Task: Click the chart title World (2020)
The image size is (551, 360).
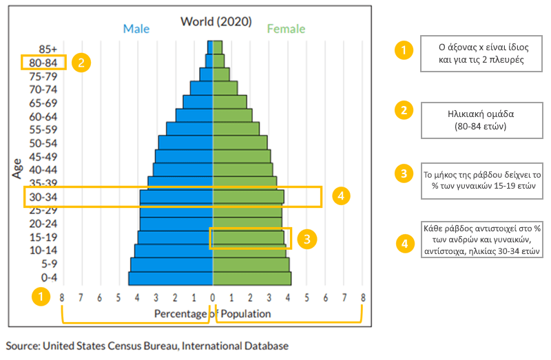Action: point(216,21)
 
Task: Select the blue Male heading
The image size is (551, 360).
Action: point(136,29)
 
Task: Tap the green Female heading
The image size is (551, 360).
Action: point(286,29)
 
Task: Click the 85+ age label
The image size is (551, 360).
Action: point(48,49)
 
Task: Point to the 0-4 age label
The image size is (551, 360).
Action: point(48,278)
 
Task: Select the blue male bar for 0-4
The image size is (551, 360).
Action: point(171,278)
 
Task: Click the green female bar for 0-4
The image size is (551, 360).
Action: point(251,278)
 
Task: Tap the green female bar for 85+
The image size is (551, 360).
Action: point(218,47)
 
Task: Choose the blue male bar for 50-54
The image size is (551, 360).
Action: point(186,142)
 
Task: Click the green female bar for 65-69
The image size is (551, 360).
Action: point(230,102)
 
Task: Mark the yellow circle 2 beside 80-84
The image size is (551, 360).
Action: point(81,63)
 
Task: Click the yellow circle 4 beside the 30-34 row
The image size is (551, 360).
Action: point(338,196)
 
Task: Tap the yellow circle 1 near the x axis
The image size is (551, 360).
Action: point(41,297)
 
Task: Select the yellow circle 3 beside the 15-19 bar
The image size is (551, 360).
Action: point(309,239)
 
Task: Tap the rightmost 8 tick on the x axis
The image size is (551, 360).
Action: point(362,297)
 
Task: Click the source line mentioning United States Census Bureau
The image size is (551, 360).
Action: point(147,346)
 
